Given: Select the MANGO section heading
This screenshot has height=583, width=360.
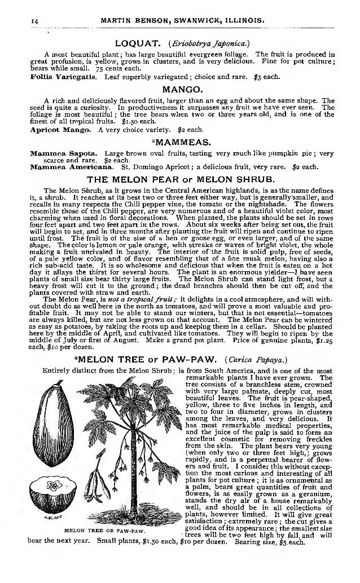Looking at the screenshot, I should (x=179, y=89).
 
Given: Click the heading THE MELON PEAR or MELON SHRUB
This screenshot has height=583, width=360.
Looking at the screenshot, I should (x=180, y=180).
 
